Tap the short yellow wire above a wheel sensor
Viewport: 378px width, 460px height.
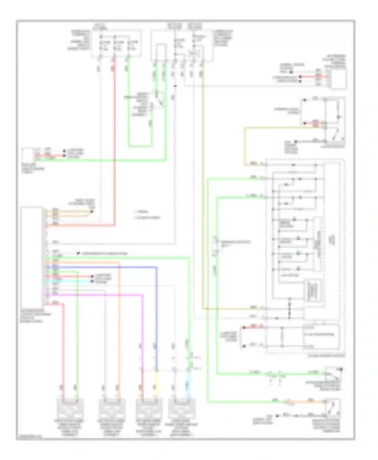tap(156, 382)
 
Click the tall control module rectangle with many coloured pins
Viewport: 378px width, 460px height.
tap(31, 257)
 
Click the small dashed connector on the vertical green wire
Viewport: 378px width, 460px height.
tap(215, 245)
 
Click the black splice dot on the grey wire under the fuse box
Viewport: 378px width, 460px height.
tap(175, 86)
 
